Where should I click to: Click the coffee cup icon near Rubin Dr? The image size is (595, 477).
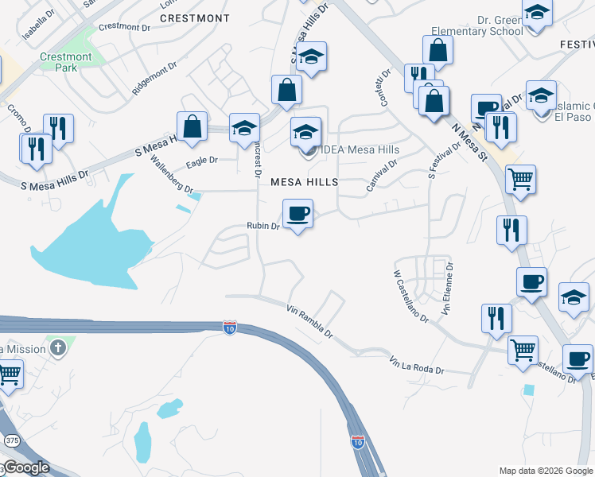pos(297,213)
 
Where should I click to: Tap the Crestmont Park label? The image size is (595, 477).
pos(66,62)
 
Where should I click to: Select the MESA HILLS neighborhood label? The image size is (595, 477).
pos(304,182)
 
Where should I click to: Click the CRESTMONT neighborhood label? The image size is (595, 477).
pos(195,17)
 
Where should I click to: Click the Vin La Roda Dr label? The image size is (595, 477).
pos(416,366)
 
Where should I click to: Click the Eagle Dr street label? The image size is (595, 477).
pos(201,161)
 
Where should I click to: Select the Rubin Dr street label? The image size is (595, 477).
pos(262,226)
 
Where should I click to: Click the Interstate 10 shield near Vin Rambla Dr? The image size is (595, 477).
pos(229,328)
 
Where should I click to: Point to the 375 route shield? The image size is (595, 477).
pos(11,440)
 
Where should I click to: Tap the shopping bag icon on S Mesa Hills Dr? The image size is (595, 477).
pos(192,126)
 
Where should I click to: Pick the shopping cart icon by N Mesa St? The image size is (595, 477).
pos(520,179)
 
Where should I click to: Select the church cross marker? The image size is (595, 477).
pos(57,347)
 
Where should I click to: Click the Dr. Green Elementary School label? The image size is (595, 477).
pos(476,24)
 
